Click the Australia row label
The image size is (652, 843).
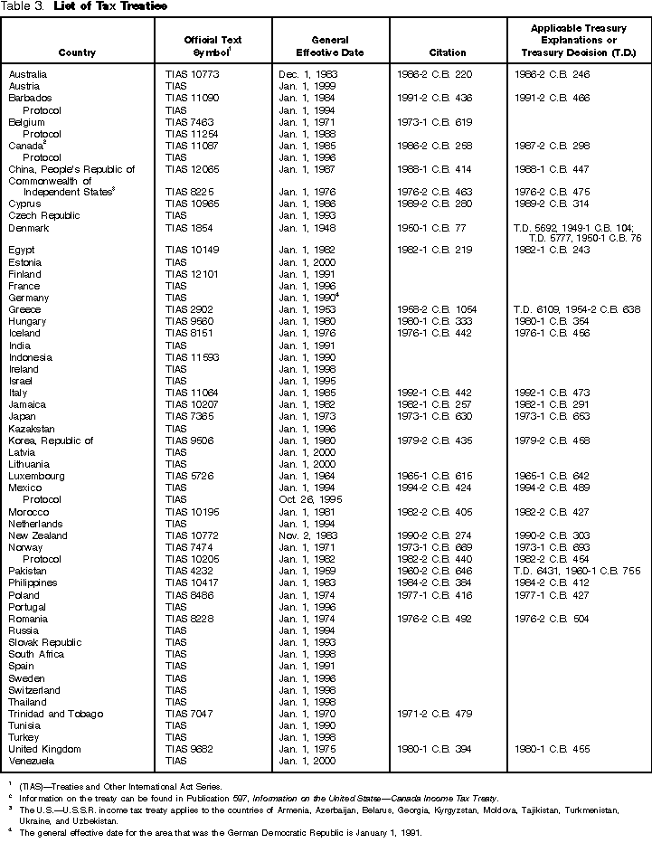pos(28,74)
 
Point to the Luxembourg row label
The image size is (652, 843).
pos(36,476)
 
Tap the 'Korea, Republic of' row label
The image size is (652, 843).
pos(51,440)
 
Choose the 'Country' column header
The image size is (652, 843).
pos(77,52)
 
